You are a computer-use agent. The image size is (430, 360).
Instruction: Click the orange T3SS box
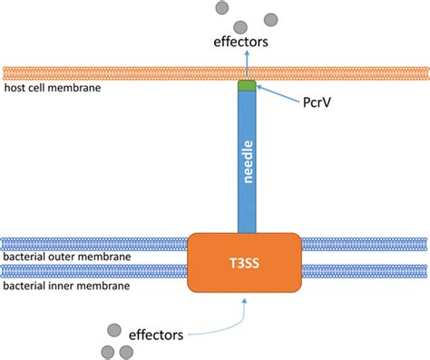pos(245,262)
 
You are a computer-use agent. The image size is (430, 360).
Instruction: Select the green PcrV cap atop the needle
pos(245,86)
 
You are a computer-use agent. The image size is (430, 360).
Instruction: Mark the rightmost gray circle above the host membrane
pos(270,17)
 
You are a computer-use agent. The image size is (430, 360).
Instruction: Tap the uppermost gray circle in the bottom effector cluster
pos(112,330)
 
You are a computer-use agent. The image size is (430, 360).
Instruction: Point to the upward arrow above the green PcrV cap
pos(245,66)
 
